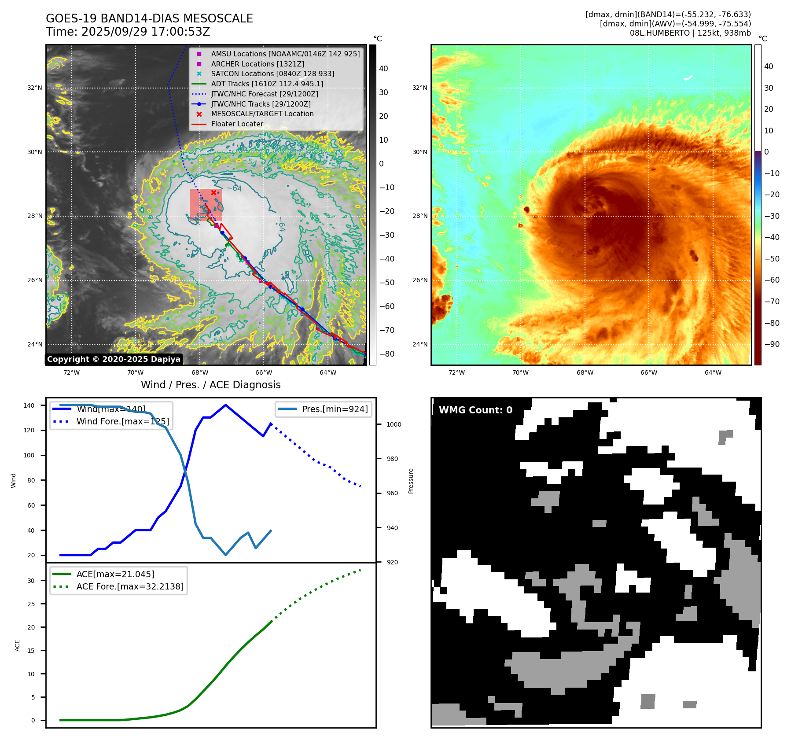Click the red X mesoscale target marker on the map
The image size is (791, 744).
pyautogui.click(x=213, y=192)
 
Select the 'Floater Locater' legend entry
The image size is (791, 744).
pyautogui.click(x=237, y=124)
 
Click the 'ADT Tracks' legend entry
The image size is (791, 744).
pyautogui.click(x=267, y=84)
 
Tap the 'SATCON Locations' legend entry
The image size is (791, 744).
pyautogui.click(x=272, y=74)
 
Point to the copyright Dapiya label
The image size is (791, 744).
pyautogui.click(x=114, y=359)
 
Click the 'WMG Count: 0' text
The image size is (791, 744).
pyautogui.click(x=475, y=410)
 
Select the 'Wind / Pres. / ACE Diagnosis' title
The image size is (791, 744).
pyautogui.click(x=210, y=385)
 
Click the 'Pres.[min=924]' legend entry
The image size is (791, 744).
pyautogui.click(x=335, y=409)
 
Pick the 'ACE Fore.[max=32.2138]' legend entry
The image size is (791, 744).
pyautogui.click(x=130, y=586)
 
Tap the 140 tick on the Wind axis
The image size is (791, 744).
pyautogui.click(x=29, y=405)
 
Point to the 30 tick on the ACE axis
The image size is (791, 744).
pyautogui.click(x=31, y=581)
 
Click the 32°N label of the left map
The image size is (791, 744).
pyautogui.click(x=35, y=88)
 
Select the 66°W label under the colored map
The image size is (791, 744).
pyautogui.click(x=649, y=372)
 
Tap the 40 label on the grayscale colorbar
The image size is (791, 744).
pyautogui.click(x=383, y=69)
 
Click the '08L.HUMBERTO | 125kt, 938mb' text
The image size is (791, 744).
pyautogui.click(x=690, y=33)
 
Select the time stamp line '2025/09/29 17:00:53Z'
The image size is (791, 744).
pyautogui.click(x=128, y=32)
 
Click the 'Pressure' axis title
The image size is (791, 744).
pyautogui.click(x=411, y=481)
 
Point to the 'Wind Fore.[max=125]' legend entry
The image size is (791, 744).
pyautogui.click(x=122, y=421)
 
